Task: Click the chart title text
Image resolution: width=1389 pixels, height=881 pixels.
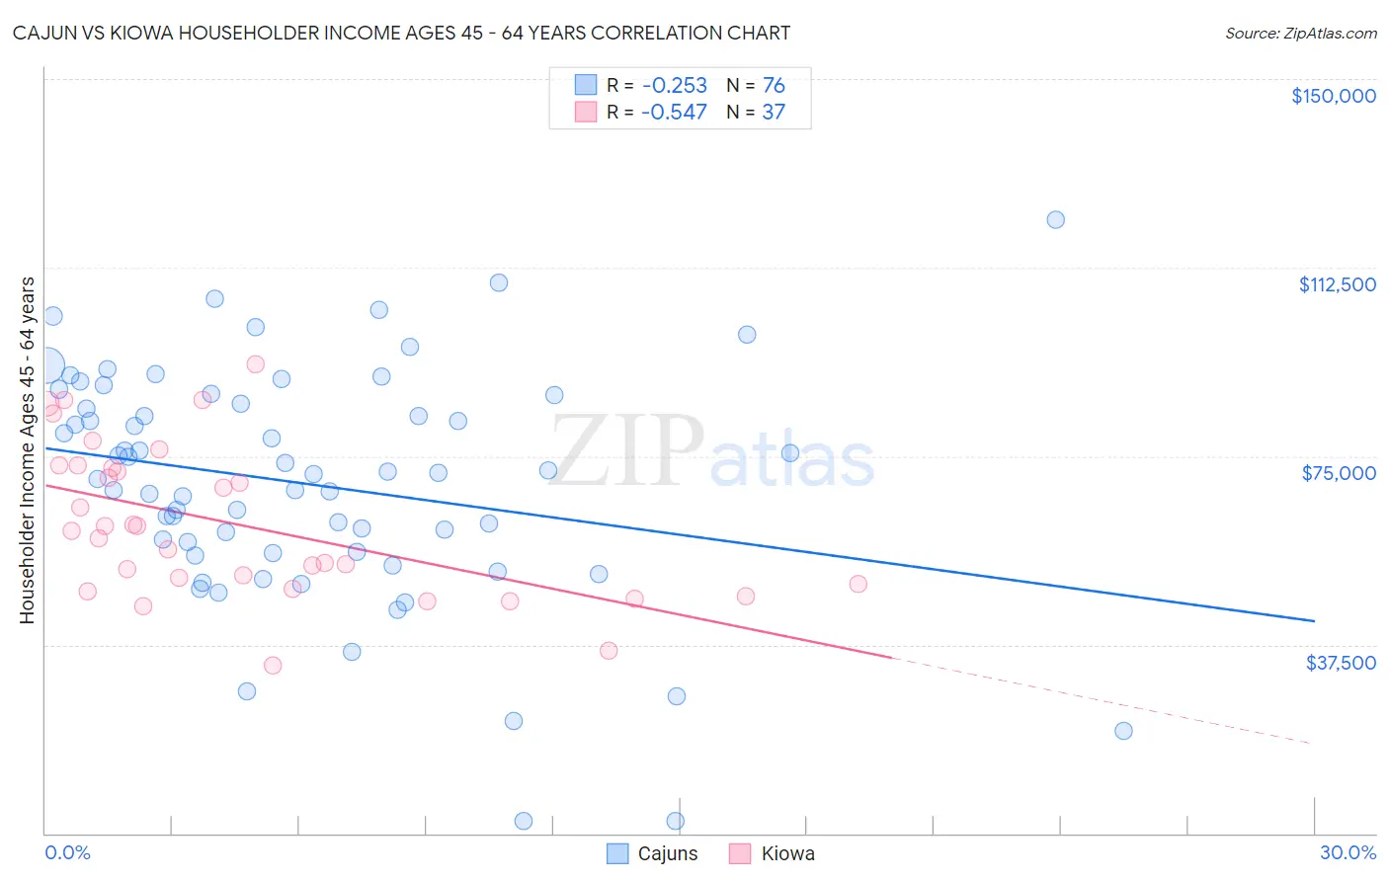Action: click(x=401, y=33)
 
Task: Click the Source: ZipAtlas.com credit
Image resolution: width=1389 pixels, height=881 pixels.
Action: click(x=1300, y=34)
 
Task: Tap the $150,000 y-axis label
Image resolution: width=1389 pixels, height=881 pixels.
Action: click(x=1333, y=96)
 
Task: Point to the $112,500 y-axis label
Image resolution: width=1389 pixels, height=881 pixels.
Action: click(x=1337, y=284)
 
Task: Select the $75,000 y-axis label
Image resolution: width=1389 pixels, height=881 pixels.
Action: click(x=1339, y=473)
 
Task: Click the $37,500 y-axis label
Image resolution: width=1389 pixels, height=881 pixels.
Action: click(x=1341, y=663)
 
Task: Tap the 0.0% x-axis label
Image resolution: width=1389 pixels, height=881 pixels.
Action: click(x=67, y=852)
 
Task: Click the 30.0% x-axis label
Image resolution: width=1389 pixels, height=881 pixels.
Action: click(x=1348, y=852)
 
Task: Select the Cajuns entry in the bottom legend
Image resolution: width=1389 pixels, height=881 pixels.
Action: click(x=667, y=853)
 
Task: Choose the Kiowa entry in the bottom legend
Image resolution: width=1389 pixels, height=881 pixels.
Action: click(x=787, y=853)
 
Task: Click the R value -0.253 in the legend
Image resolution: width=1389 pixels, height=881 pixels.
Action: click(x=674, y=85)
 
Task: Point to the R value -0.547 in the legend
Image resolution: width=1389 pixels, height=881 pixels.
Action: click(x=674, y=112)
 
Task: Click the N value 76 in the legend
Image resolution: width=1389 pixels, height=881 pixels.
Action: click(x=774, y=85)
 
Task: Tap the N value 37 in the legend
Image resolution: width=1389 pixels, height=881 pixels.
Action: click(x=774, y=112)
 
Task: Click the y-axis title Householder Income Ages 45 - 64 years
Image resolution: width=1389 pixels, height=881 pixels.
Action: click(x=28, y=450)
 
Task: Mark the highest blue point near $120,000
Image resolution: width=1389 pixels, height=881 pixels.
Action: click(x=1055, y=219)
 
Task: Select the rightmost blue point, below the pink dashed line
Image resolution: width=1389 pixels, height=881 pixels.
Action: click(x=1123, y=731)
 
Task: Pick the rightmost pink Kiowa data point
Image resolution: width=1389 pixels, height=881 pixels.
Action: click(x=858, y=584)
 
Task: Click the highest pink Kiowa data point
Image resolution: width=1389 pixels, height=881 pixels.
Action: click(x=255, y=363)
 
